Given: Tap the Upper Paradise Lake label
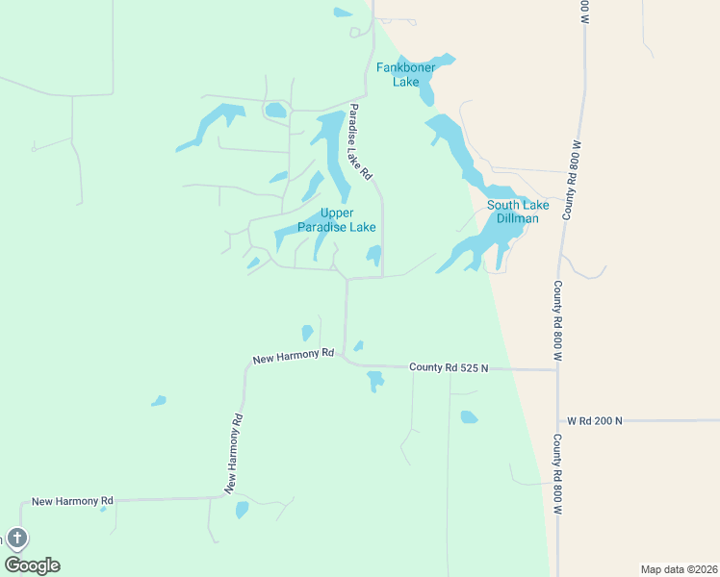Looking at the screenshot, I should point(336,220).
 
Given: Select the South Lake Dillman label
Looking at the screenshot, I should point(518,212).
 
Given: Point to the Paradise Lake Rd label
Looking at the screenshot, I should point(360,141).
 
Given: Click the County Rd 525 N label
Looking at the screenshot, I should point(449,367).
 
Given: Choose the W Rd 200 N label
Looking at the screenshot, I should point(595,420).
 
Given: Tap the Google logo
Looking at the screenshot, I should point(32,565).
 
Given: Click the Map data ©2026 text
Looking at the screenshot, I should point(678,568).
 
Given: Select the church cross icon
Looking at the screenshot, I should point(16,539).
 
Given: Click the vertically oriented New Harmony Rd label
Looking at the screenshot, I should point(236,453).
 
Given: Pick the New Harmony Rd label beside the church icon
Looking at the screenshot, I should point(72,501).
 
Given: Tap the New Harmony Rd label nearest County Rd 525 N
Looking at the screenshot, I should point(293,357).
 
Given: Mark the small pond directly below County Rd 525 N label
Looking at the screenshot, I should point(375,382).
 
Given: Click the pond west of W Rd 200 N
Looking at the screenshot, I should point(469,417).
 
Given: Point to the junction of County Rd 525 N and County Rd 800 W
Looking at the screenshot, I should point(557,368).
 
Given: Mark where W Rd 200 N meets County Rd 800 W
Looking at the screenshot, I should point(558,420).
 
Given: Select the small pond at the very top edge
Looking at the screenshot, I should point(342,13).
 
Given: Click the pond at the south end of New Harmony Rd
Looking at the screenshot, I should point(242,510).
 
